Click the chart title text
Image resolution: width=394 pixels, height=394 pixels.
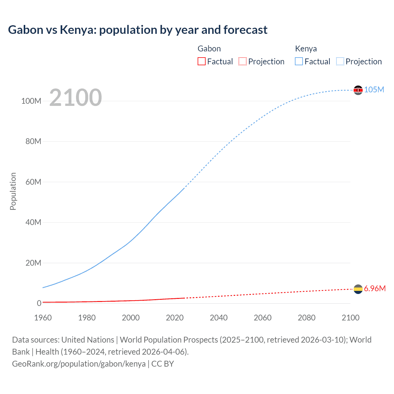coord(138,30)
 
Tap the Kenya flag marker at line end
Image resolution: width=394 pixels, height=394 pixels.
coord(358,90)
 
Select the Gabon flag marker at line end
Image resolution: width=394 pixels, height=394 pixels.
coord(358,289)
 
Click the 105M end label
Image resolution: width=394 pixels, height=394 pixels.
coord(374,90)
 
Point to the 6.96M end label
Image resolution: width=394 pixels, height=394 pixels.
coord(375,288)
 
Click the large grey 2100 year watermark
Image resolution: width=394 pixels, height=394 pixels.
coord(75,98)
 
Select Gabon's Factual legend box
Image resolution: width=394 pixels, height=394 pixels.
coord(202,61)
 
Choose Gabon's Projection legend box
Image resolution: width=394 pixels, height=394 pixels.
coord(243,61)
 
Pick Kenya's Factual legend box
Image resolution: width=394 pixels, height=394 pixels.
coord(299,61)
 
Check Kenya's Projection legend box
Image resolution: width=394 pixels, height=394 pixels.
coord(340,61)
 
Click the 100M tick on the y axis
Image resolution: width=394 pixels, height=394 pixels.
coord(31,101)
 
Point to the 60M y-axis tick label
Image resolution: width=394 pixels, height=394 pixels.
coord(33,182)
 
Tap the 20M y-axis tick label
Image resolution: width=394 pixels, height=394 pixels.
coord(33,263)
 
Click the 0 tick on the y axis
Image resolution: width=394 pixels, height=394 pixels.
coord(39,303)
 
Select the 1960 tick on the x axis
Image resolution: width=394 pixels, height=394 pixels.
coord(43,318)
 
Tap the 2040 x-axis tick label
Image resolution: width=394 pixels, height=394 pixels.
coord(219,318)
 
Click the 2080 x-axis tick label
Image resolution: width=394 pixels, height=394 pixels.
coord(307,318)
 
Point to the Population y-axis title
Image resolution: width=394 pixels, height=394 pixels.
coord(13,191)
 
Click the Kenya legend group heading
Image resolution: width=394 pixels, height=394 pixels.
coord(306,49)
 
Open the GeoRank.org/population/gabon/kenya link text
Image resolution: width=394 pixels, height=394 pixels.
coord(79,364)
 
